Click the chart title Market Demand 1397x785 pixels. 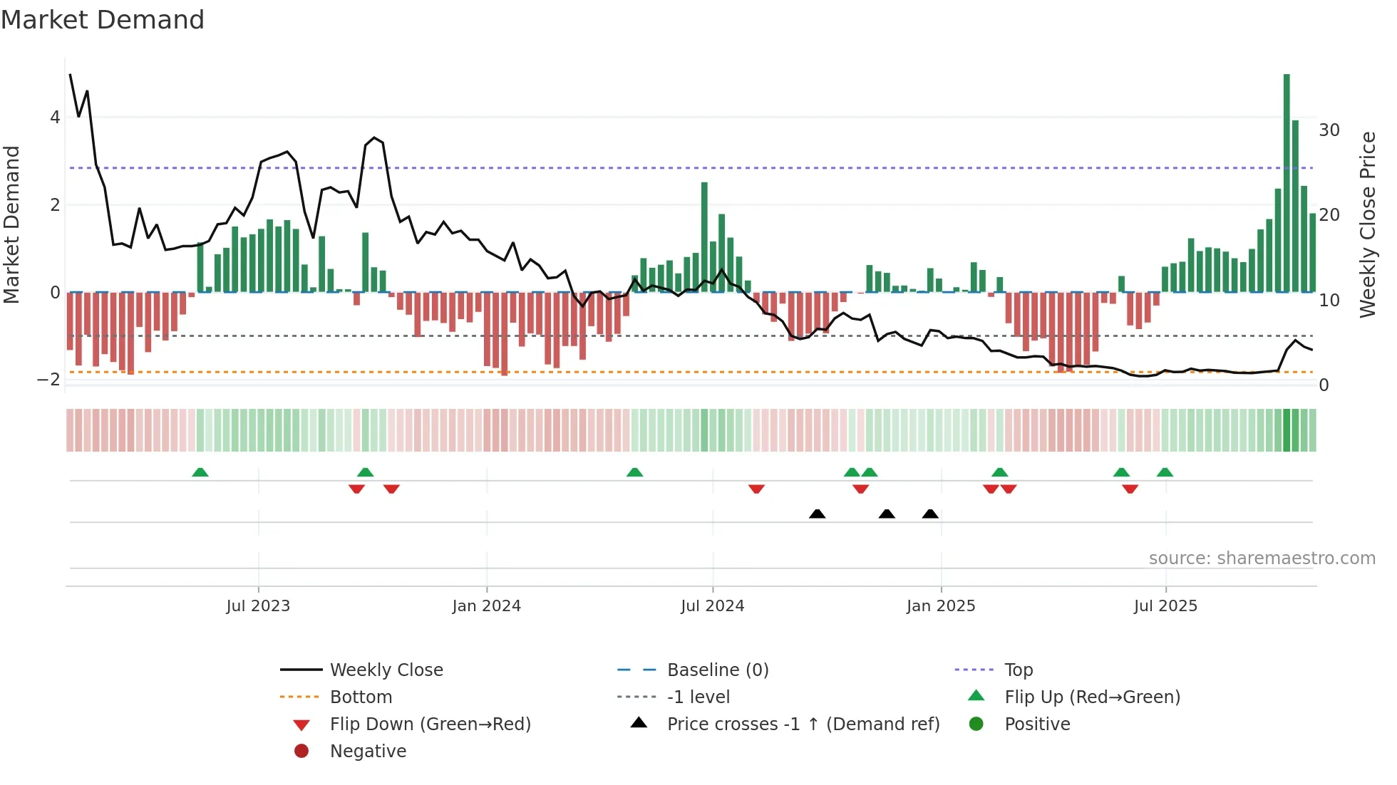pos(103,20)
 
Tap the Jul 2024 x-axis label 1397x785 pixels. pos(712,606)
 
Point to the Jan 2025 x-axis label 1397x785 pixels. pos(940,606)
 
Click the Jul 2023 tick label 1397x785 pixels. pos(258,606)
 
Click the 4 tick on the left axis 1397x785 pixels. pos(55,118)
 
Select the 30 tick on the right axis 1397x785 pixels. pos(1329,130)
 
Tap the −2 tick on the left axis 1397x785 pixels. pos(49,380)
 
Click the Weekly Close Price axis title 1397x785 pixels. pos(1367,224)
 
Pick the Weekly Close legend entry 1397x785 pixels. pos(386,670)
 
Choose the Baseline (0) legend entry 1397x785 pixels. pos(717,670)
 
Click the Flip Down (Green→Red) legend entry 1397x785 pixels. pos(430,724)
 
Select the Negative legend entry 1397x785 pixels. pos(368,752)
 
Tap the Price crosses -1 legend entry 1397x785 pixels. pos(803,724)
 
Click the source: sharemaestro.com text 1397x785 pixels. pos(1262,558)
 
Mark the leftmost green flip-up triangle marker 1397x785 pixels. pos(200,472)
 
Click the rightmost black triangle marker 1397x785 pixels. pos(930,514)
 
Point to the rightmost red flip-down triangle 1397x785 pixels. pos(1130,489)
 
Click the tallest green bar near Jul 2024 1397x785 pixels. pos(704,237)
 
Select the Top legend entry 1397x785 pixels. pos(1018,670)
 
